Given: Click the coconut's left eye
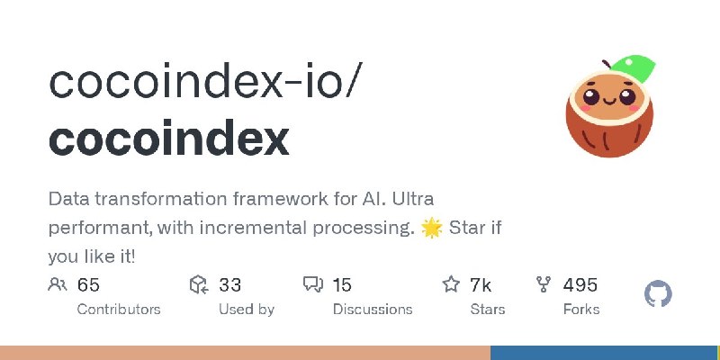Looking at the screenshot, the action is click(590, 96).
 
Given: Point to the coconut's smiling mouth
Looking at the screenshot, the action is click(609, 100).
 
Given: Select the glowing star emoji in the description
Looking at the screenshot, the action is click(431, 229).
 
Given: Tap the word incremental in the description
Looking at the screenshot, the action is click(252, 229).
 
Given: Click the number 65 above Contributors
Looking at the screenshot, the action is click(88, 285).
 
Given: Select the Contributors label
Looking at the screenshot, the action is click(119, 309).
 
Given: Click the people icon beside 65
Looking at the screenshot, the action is click(58, 284).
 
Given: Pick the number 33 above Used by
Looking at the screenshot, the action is click(229, 285).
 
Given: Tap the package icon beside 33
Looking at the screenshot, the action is click(199, 284).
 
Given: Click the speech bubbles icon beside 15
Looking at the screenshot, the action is click(313, 284).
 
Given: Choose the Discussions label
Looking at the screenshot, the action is click(373, 309).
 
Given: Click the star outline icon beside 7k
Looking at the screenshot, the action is click(451, 284).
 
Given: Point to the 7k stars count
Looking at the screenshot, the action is click(481, 285).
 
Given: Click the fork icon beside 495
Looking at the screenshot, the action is click(544, 284).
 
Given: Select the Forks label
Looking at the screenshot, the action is click(581, 309).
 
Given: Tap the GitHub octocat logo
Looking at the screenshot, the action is click(658, 294).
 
